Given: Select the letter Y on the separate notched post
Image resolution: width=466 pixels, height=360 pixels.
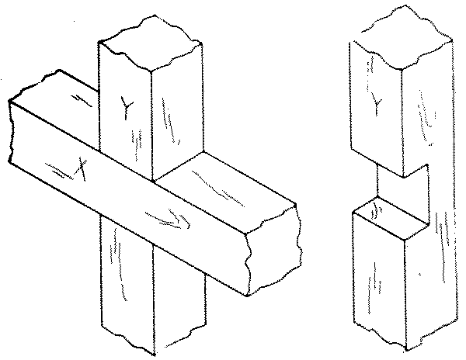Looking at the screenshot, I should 375,101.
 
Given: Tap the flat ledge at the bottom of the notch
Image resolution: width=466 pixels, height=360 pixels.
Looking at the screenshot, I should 392,220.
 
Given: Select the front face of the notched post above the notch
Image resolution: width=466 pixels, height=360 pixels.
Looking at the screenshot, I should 377,124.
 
